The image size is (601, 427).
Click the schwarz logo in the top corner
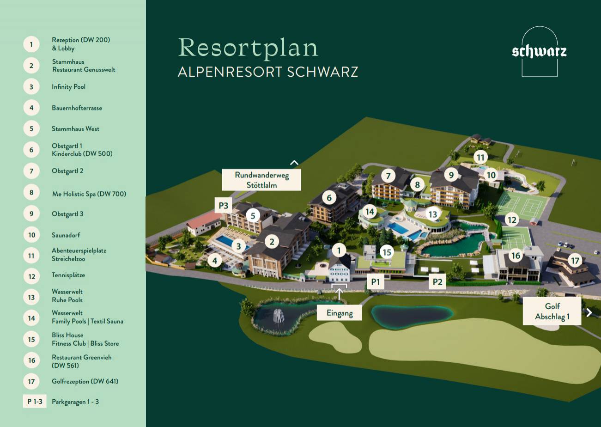point(539,51)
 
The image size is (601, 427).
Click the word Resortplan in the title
point(249,48)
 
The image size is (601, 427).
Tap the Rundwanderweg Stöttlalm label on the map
point(261,180)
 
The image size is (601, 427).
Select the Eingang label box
point(339,313)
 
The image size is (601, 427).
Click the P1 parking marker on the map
point(376,282)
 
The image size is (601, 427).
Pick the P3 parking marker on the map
point(224,205)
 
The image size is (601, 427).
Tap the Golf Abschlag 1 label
point(552,311)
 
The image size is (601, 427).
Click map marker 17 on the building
point(575,261)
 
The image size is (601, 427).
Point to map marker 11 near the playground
point(480,157)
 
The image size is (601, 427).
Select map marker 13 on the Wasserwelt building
point(432,214)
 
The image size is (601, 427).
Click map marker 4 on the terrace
point(214,261)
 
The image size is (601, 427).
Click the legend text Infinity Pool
point(68,86)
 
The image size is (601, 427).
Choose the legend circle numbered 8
point(31,192)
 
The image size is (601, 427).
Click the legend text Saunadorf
point(66,235)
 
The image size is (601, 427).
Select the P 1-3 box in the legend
point(35,401)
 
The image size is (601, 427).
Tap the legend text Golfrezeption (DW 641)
point(85,381)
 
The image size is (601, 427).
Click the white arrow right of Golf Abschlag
point(589,312)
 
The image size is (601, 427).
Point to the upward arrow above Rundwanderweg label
point(294,163)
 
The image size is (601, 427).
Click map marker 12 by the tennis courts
point(511,220)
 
